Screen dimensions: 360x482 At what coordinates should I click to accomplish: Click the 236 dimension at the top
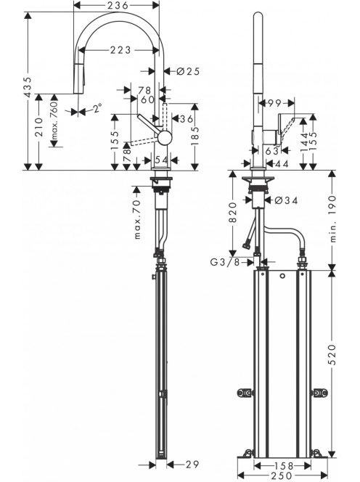coord(118,5)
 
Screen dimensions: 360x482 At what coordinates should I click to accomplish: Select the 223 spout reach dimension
coord(120,50)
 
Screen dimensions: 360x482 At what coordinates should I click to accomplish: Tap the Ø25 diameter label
coord(189,71)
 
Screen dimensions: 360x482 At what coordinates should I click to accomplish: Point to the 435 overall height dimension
coord(28,87)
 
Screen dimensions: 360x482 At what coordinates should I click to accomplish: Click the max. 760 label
coord(54,120)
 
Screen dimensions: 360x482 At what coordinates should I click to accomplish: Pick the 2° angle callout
coord(97,108)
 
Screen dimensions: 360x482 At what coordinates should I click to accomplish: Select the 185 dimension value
coord(195,136)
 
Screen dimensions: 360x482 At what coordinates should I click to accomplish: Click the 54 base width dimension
coord(161,160)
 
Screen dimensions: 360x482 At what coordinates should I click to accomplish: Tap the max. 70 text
coord(137,218)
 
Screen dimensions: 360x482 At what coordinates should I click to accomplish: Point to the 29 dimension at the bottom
coord(192,465)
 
